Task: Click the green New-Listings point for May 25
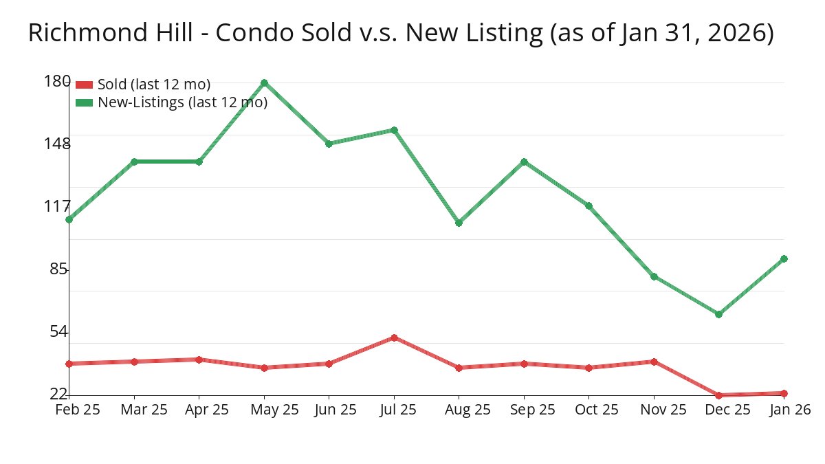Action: click(x=264, y=83)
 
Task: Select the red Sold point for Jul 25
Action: click(x=394, y=338)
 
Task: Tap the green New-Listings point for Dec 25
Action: click(x=718, y=314)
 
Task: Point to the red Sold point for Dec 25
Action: click(x=718, y=395)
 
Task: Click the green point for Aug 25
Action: click(x=459, y=223)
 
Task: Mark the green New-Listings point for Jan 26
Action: click(x=784, y=259)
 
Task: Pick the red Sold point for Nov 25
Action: click(x=654, y=362)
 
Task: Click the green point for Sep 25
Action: click(x=524, y=162)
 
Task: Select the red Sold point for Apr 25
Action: click(x=199, y=360)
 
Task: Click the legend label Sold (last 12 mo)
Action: click(x=154, y=85)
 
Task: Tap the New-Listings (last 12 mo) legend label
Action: click(x=182, y=102)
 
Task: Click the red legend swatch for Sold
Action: click(x=84, y=85)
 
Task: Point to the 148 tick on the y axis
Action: click(x=57, y=144)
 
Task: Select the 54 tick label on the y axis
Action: click(x=60, y=332)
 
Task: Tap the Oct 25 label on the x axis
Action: click(x=596, y=410)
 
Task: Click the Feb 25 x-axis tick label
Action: click(x=77, y=410)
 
